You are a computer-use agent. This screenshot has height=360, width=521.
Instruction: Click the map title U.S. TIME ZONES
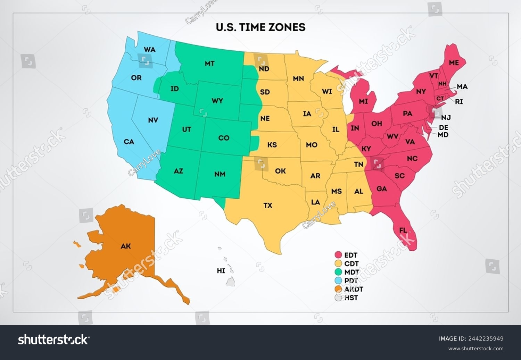pos(260,27)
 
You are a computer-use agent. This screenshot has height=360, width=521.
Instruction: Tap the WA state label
pos(149,50)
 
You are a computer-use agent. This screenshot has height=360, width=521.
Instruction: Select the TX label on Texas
pos(267,206)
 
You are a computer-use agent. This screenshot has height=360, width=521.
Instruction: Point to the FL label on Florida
pos(403,230)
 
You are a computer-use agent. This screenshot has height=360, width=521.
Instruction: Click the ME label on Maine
pos(454,63)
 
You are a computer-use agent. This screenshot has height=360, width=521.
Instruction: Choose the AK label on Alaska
pos(126,246)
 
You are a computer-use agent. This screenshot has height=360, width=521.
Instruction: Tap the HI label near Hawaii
pos(221,270)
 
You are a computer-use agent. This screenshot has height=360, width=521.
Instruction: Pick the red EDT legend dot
pos(338,255)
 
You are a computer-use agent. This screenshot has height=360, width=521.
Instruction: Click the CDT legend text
pos(351,264)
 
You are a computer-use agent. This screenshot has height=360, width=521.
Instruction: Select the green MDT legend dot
pos(338,272)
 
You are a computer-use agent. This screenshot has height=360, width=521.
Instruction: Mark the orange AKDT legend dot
pos(338,289)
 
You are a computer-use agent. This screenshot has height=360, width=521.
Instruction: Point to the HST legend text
pos(351,298)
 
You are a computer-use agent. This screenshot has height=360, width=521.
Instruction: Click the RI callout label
pos(459,102)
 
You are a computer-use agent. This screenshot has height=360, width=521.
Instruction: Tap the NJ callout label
pos(446,118)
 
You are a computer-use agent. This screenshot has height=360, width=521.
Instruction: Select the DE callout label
pos(444,127)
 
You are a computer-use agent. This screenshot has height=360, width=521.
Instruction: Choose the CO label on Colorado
pos(224,138)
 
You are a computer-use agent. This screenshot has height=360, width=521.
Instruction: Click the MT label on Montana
pos(209,64)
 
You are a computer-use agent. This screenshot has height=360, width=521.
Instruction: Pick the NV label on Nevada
pos(153,120)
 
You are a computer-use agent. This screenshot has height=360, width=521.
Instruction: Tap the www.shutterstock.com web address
pos(476,349)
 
